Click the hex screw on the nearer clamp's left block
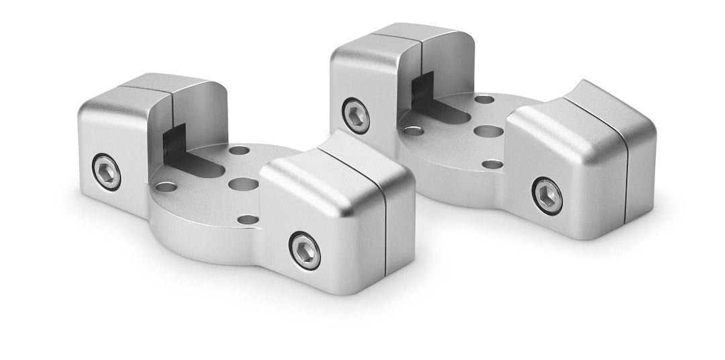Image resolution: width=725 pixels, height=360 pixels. (107, 172)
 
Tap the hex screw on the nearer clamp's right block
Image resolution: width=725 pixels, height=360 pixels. (305, 251)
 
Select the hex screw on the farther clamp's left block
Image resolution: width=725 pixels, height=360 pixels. (355, 116)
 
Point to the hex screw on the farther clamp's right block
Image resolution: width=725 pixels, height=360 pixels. (547, 195)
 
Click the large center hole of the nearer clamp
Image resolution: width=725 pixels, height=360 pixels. (243, 183)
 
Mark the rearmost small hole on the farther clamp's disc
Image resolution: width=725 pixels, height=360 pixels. (484, 99)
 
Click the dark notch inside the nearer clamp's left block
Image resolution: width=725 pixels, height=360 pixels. (172, 140)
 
